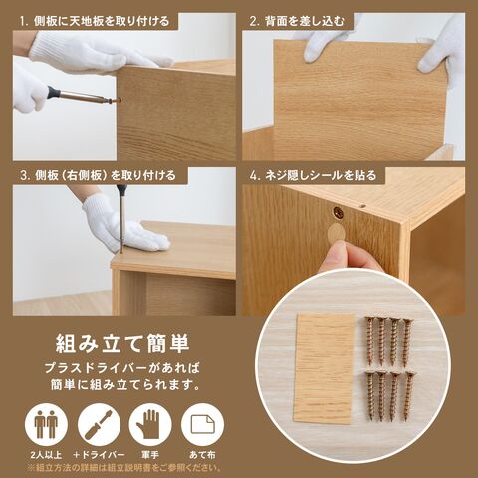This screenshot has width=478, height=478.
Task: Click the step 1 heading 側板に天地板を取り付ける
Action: (95, 22)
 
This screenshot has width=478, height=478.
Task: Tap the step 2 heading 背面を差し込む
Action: (297, 22)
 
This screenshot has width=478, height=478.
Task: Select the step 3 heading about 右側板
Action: (98, 175)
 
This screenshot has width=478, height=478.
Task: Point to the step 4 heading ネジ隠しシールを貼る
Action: (313, 175)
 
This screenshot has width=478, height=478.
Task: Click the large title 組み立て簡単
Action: (122, 343)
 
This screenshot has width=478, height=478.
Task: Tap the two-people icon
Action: (46, 425)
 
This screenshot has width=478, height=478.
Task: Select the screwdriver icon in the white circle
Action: (99, 425)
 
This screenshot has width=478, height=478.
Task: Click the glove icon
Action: (150, 425)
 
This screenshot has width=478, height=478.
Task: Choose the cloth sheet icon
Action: (202, 425)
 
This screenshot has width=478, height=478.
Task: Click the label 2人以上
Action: (46, 455)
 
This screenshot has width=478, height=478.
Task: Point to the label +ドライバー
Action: (99, 455)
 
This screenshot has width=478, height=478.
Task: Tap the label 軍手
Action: (150, 455)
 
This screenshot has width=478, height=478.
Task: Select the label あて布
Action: (202, 455)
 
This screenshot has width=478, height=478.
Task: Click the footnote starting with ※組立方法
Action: (124, 468)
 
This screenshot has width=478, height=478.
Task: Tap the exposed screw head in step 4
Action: (339, 213)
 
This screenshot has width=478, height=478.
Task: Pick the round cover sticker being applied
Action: (336, 232)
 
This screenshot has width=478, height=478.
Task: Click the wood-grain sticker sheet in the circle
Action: (324, 368)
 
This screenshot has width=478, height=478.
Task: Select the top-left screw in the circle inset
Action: (370, 341)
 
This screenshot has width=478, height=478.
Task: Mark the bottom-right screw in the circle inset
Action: (409, 396)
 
